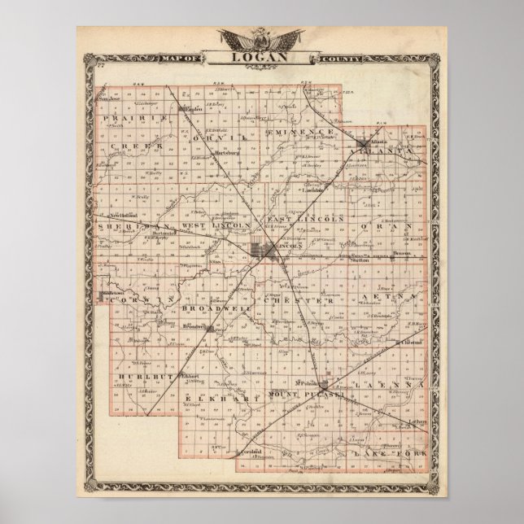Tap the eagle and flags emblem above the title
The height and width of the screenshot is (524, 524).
261,40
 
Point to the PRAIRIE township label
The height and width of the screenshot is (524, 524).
135,119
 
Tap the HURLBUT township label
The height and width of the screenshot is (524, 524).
145,377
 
